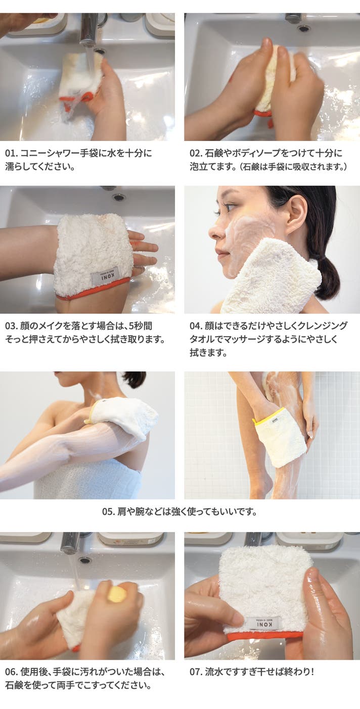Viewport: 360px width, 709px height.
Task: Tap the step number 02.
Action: [x=196, y=154]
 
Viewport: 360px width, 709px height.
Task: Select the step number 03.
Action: [x=11, y=326]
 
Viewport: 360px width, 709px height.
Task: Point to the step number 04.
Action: [x=196, y=326]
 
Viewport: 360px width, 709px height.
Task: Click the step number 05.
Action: [x=108, y=511]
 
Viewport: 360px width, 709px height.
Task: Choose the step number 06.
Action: [x=11, y=672]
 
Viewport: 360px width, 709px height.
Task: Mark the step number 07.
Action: [x=196, y=672]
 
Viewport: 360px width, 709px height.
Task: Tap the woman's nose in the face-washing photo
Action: [x=214, y=232]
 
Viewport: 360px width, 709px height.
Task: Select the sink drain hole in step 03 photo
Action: [x=119, y=198]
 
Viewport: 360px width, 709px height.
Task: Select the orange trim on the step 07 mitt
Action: [x=263, y=635]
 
